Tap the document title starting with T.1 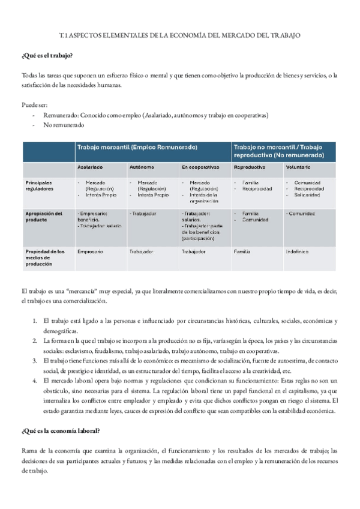(x=181, y=36)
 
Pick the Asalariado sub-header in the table (x=90, y=167)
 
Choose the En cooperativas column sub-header (x=200, y=167)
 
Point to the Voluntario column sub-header (x=298, y=167)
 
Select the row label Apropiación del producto (x=43, y=217)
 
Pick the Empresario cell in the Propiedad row (x=90, y=251)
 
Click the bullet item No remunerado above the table (x=64, y=125)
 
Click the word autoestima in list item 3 (x=274, y=361)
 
